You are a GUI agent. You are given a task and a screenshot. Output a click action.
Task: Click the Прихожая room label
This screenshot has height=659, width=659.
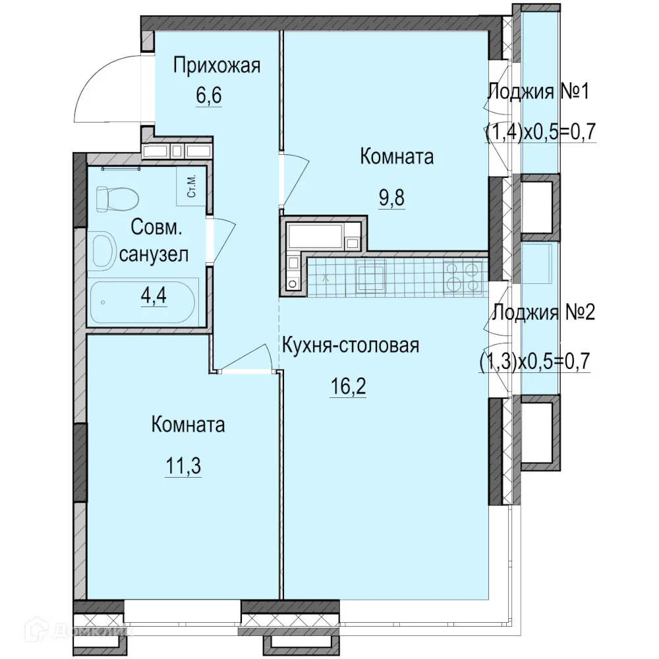click(x=217, y=66)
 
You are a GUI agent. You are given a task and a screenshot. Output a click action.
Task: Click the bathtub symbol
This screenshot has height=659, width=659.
click(x=142, y=302)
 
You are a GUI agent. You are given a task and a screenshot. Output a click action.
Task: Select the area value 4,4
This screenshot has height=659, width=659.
click(x=153, y=293)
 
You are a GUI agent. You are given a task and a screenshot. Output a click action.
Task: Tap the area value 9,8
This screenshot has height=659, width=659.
click(x=391, y=198)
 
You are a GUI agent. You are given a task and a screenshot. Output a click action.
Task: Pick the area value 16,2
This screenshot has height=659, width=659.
click(x=347, y=385)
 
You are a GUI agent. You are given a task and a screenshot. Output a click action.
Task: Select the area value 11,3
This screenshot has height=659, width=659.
click(x=183, y=467)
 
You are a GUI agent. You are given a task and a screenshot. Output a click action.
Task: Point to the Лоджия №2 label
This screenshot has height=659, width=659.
click(x=544, y=312)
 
